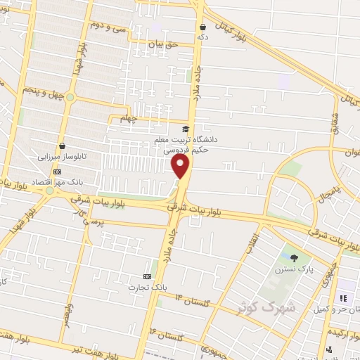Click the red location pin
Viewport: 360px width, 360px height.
[x=181, y=166]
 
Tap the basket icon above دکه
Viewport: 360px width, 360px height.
[x=203, y=27]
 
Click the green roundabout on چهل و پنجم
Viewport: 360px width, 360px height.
[x=70, y=97]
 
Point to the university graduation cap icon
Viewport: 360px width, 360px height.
[x=186, y=129]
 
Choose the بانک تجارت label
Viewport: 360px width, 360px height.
[x=148, y=287]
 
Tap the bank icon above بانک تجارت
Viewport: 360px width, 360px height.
[x=147, y=276]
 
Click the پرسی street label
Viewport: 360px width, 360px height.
[x=93, y=221]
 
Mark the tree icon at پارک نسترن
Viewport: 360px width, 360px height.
[x=294, y=258]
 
